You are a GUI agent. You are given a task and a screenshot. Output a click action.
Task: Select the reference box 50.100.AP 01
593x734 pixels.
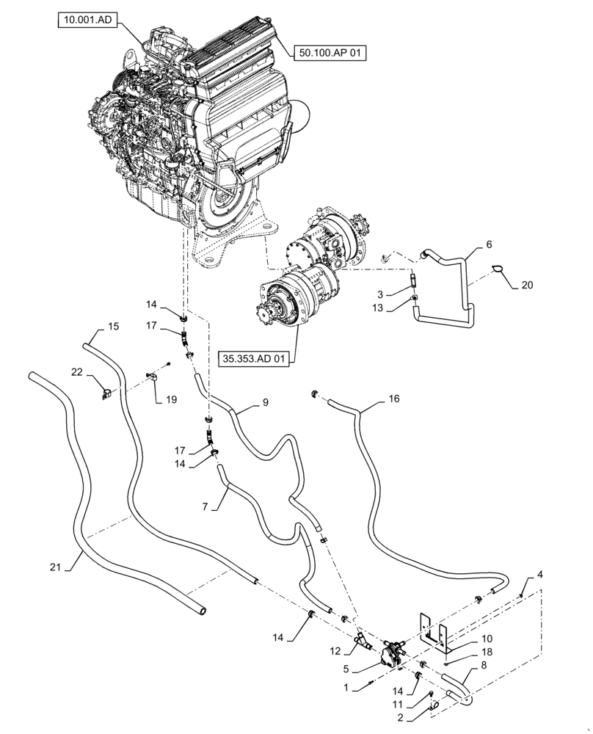point(330,52)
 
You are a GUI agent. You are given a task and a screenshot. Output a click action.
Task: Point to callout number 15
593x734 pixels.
point(114,325)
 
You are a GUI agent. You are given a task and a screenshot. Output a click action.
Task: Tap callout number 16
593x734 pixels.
point(393,399)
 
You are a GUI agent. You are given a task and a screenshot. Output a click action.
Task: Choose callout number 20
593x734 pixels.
point(528,285)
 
